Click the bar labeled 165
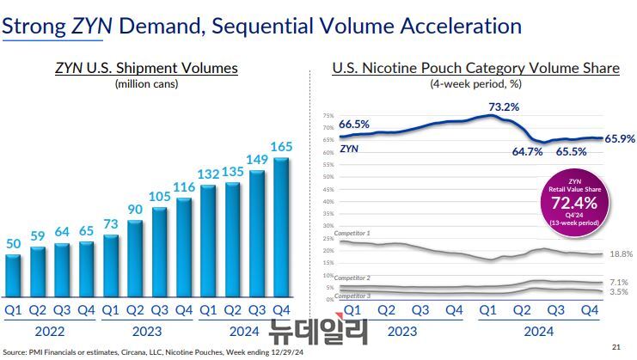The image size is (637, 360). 282,227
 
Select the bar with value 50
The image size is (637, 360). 14,273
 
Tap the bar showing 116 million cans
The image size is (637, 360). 185,247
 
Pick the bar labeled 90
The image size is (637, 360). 136,256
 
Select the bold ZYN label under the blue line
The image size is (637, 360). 350,148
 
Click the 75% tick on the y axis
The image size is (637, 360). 328,116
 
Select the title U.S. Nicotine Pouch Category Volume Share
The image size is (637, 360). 475,68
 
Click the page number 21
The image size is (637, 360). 615,347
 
